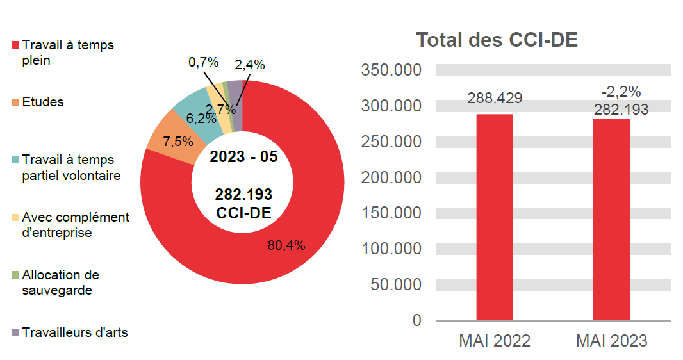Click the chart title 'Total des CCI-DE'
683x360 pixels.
[497, 40]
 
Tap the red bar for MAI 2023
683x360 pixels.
[611, 219]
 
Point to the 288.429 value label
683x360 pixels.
[495, 98]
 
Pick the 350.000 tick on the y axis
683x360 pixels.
[391, 70]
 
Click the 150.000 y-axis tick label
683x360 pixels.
[391, 213]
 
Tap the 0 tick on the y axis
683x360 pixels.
[417, 320]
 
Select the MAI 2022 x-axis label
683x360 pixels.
[495, 341]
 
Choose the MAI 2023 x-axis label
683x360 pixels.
[611, 341]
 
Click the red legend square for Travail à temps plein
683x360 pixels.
[15, 46]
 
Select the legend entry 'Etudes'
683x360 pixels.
[42, 102]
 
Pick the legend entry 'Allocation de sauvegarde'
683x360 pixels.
[60, 282]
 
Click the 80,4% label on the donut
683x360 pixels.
[286, 245]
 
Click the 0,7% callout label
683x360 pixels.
[203, 62]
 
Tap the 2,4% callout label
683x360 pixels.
[250, 64]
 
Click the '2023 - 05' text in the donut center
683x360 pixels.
[243, 157]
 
